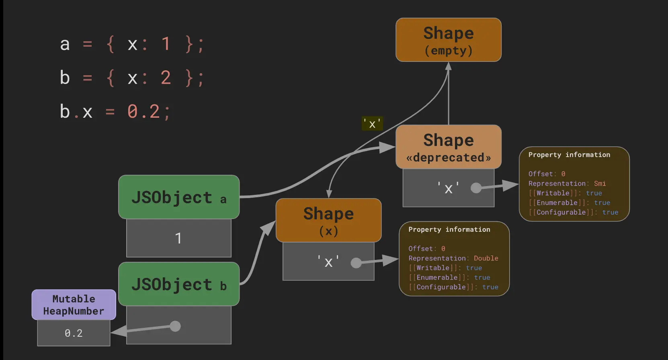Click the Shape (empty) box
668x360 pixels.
tap(448, 40)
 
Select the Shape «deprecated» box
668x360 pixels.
tap(448, 147)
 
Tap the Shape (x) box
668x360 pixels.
tap(328, 220)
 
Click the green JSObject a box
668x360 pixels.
tap(178, 197)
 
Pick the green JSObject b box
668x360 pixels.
tap(178, 284)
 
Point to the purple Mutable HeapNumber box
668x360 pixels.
tap(74, 305)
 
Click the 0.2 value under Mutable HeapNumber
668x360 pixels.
tap(74, 333)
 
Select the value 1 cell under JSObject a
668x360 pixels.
tap(178, 238)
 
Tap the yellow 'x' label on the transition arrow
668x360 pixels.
tap(372, 124)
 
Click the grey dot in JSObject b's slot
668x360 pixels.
tap(175, 326)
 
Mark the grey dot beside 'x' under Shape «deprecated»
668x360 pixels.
tap(476, 188)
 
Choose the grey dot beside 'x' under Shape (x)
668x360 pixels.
tap(356, 263)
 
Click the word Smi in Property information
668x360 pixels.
tap(600, 184)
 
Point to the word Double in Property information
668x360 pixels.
tap(486, 258)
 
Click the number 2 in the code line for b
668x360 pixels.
tap(166, 78)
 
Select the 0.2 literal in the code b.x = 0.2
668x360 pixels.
tap(143, 111)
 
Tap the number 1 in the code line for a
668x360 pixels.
tap(166, 44)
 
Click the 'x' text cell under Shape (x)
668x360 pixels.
tap(328, 262)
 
